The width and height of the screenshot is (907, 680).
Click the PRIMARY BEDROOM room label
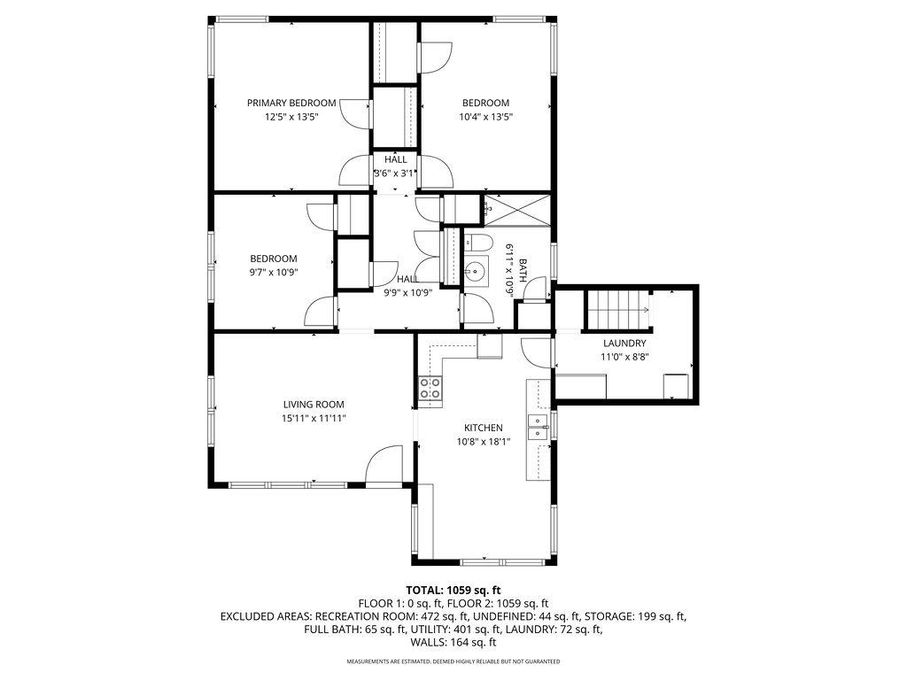(291, 103)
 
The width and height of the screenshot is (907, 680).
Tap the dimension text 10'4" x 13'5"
(485, 117)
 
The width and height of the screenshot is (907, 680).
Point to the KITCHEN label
(483, 427)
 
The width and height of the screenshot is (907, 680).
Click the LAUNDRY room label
(624, 344)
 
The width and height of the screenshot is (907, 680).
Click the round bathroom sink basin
(476, 271)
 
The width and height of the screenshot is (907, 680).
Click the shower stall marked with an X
(517, 211)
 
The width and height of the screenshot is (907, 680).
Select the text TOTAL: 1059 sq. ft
(453, 590)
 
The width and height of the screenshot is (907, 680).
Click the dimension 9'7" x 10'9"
(273, 273)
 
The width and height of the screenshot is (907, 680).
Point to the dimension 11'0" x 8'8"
(624, 358)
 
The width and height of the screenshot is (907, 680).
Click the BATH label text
(523, 270)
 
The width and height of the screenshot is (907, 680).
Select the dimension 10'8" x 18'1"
(483, 441)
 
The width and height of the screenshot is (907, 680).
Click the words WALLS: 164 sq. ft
(453, 643)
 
